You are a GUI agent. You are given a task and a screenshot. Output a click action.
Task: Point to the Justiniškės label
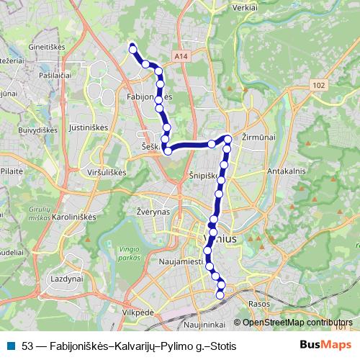point(109,132)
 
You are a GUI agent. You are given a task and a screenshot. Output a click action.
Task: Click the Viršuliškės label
point(106,173)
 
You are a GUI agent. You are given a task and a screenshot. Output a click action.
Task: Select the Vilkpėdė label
point(138,314)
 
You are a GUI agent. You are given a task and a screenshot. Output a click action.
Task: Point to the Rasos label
point(258,305)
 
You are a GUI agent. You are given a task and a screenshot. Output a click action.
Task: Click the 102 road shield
point(320,85)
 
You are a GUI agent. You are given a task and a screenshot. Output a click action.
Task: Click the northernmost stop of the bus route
point(132,48)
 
